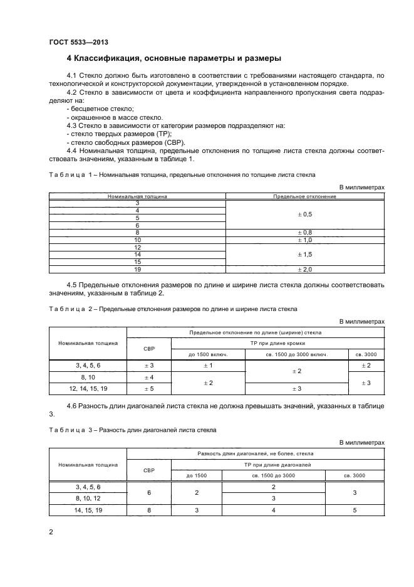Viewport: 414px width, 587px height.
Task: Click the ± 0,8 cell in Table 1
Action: (x=304, y=232)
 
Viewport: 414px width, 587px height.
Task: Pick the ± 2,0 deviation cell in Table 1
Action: (x=304, y=269)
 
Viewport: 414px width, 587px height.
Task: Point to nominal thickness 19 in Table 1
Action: (x=137, y=269)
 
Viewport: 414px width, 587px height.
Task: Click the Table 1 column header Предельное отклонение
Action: (x=304, y=196)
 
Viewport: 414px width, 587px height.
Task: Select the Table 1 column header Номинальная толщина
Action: (x=137, y=196)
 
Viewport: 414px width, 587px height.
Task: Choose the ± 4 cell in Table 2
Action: (x=149, y=377)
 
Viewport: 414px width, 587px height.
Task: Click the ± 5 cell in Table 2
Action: (x=149, y=389)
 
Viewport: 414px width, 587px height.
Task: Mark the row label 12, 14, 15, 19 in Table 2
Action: (x=88, y=389)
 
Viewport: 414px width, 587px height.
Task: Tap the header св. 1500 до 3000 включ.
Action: (x=296, y=354)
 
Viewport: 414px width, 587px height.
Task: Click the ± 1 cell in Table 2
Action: (x=207, y=366)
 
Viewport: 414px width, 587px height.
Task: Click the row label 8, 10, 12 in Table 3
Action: (x=88, y=499)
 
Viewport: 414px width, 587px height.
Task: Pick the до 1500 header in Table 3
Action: (x=197, y=475)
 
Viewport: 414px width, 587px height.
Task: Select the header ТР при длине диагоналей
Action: (x=277, y=464)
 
